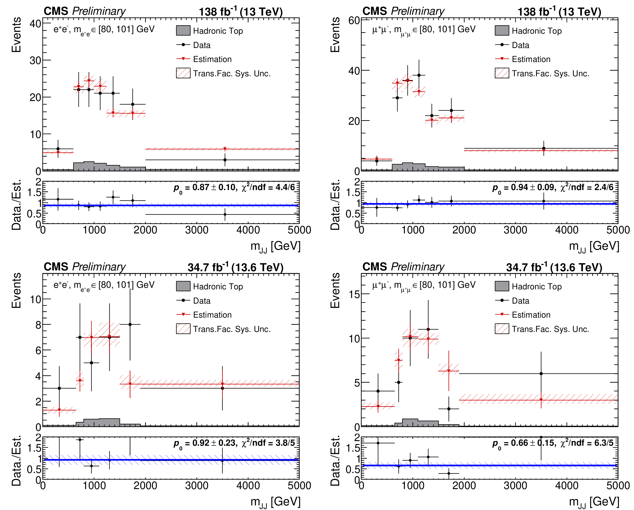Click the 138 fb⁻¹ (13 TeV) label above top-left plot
coord(240,12)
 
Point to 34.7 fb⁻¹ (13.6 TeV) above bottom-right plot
coord(554,267)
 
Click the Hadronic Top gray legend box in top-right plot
coord(502,31)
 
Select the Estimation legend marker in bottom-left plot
coord(183,314)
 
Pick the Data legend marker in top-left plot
coord(183,45)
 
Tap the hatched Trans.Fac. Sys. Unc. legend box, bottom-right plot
coord(502,329)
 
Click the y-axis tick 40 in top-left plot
coord(35,23)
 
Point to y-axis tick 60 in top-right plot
coord(354,21)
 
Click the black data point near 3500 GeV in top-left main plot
coord(225,160)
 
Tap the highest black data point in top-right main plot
coord(419,75)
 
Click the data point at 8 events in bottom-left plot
coord(130,325)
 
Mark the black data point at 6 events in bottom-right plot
coord(541,374)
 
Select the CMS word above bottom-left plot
coord(56,267)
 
